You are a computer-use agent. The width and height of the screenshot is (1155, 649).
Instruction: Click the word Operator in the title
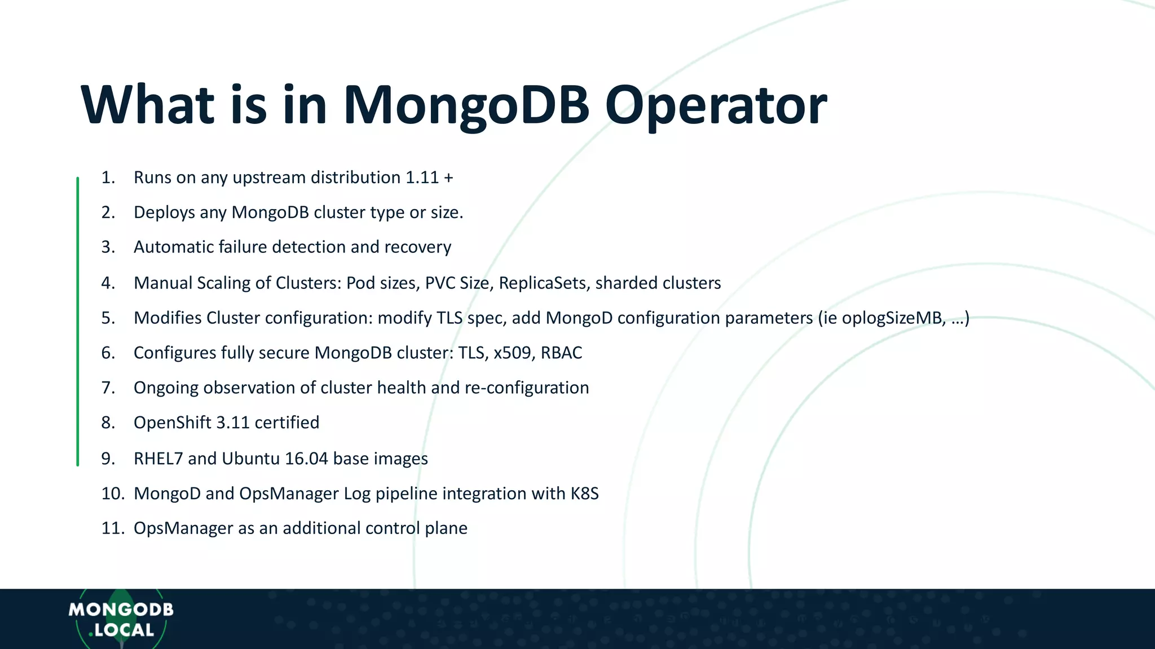pos(715,106)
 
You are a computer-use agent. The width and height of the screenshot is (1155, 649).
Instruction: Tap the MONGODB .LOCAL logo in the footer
pos(121,620)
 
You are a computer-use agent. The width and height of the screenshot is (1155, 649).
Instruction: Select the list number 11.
pos(112,528)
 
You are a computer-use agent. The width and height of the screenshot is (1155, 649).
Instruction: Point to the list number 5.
pos(108,318)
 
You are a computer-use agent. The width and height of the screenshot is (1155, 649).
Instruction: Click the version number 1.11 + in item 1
pos(429,177)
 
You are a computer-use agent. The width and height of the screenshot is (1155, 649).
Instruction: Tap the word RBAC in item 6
pos(561,353)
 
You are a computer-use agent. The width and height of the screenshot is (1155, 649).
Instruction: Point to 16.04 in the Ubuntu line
pos(306,459)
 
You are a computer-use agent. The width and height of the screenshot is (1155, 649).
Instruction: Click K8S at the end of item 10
pos(584,494)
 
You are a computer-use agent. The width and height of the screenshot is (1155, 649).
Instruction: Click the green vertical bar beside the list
pos(78,321)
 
